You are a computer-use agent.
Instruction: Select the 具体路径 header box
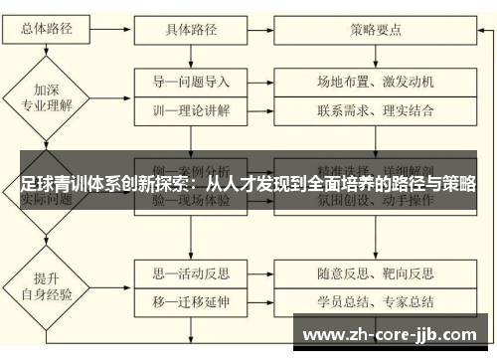click(x=191, y=29)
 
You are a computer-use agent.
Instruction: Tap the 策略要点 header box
click(x=376, y=29)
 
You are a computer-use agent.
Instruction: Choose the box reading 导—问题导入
click(x=191, y=81)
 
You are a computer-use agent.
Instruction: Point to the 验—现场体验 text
click(x=191, y=200)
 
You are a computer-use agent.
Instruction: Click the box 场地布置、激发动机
click(x=376, y=81)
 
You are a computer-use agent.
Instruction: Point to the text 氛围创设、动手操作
click(x=376, y=200)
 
